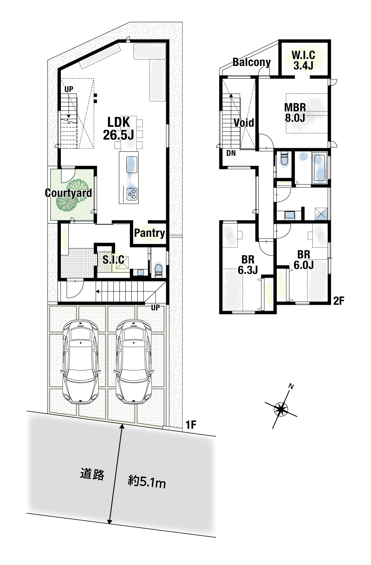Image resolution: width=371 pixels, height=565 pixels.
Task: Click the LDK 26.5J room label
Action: point(118,129)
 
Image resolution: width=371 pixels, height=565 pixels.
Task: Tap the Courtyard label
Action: point(68,193)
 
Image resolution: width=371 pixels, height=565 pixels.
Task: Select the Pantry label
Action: point(150,233)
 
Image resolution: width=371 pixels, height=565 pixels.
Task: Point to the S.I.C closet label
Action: point(113,259)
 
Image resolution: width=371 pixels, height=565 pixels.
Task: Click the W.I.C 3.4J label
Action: point(303,60)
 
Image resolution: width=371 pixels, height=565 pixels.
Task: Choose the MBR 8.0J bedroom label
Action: point(295,112)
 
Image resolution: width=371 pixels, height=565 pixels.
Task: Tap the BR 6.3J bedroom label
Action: point(248,265)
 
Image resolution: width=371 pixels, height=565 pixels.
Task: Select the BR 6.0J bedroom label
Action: point(303,260)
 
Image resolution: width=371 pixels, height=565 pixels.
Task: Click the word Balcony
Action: point(252,62)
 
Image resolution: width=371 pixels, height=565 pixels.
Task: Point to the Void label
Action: point(244,123)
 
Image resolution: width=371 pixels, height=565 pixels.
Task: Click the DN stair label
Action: point(231,153)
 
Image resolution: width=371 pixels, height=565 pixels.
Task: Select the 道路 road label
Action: point(92,474)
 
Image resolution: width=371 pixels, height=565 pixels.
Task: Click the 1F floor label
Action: point(191,425)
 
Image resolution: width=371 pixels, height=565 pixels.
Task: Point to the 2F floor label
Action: point(339,301)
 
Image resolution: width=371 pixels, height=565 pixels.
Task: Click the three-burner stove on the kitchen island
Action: point(132,194)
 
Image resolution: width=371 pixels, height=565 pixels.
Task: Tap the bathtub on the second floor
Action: point(319,167)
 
